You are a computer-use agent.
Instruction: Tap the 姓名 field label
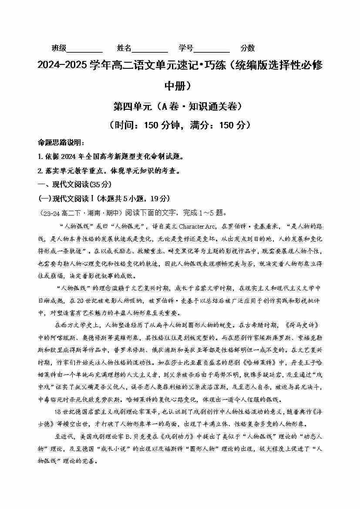124,48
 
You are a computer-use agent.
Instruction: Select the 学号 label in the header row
186,48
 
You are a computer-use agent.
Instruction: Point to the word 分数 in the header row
248,48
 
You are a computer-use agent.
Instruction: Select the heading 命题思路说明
60,142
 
